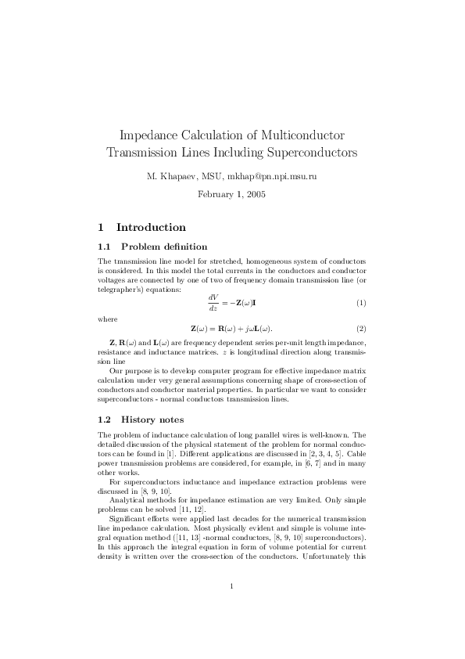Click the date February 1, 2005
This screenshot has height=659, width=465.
click(232, 193)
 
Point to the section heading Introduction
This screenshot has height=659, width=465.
click(151, 228)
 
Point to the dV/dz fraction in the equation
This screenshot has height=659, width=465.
click(213, 302)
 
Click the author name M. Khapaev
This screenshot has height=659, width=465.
click(167, 177)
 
